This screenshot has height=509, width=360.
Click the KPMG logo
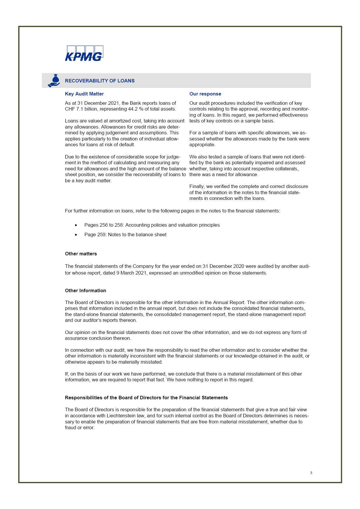point(84,53)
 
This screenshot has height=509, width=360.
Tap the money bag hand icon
point(54,81)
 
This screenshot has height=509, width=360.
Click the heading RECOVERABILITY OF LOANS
point(100,81)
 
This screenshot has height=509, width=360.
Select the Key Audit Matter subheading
point(84,94)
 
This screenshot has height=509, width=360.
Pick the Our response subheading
point(205,94)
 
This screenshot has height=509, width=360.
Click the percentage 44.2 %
point(136,109)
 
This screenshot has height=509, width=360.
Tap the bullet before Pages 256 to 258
point(76,225)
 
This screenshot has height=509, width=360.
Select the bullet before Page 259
point(76,235)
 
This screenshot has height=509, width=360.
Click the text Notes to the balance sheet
point(137,234)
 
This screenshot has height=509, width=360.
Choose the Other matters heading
point(81,254)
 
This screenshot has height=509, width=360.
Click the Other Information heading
point(85,290)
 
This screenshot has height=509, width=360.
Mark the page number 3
point(311,473)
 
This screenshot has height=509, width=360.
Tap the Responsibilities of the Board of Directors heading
point(146,398)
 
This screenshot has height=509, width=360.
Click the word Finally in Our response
point(197,186)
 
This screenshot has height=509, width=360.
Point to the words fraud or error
point(80,427)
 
